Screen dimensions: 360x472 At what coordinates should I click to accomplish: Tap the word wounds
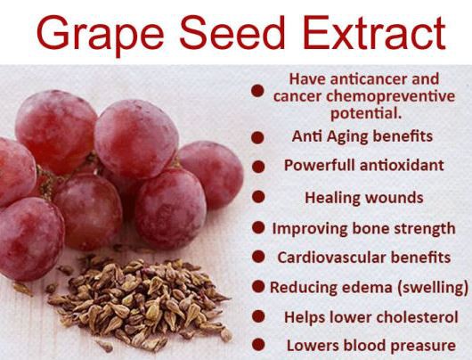click(392, 197)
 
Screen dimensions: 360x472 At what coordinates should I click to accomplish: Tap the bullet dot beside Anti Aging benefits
click(257, 137)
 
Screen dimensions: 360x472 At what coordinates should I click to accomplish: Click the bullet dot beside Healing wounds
click(257, 197)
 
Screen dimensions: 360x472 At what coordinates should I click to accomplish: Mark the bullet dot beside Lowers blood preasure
click(257, 345)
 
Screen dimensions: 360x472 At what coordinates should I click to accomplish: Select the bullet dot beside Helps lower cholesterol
click(257, 316)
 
